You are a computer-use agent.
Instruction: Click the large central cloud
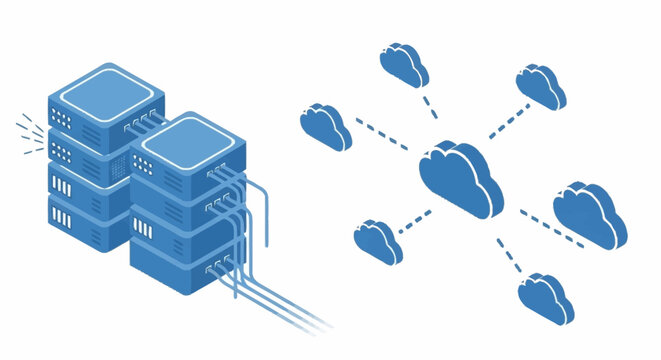pos(460,180)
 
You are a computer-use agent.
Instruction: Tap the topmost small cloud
pos(404,64)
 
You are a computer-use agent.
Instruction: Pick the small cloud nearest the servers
pos(325,125)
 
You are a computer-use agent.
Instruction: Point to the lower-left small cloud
pos(378,240)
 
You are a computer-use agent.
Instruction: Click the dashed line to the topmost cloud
pos(428,106)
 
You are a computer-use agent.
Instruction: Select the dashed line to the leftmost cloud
pos(385,139)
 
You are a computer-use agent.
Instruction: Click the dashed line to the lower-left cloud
pos(415,222)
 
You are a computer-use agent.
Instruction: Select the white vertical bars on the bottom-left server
pos(62,215)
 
